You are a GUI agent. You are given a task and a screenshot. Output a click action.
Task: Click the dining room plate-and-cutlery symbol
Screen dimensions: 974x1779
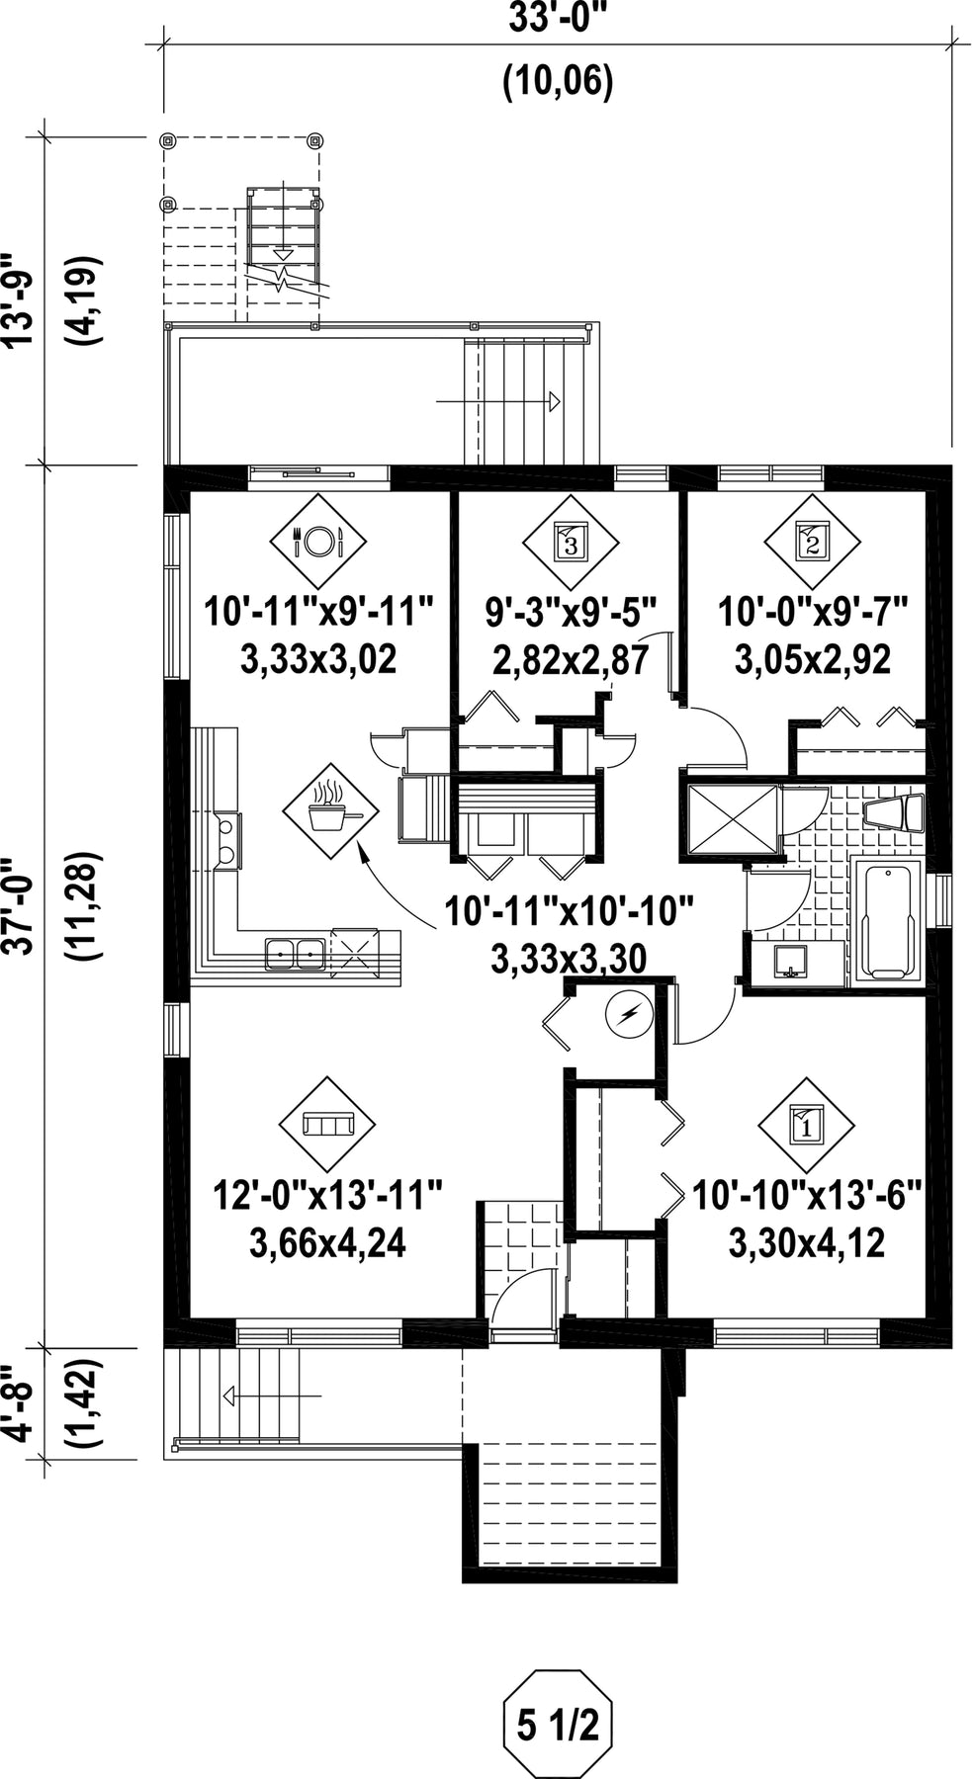(x=317, y=541)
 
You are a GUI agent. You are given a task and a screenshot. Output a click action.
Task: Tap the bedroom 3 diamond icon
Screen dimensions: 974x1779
(x=571, y=541)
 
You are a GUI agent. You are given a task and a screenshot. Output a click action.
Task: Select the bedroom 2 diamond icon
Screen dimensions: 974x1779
(x=812, y=541)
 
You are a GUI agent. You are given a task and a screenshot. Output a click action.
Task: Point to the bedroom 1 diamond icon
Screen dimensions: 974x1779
(x=806, y=1123)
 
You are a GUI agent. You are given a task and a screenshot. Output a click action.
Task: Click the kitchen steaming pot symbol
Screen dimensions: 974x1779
(x=330, y=811)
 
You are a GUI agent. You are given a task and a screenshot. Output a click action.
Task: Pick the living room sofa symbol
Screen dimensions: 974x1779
(x=327, y=1123)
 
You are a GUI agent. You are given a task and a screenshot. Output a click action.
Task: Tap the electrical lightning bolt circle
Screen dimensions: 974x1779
(x=628, y=1012)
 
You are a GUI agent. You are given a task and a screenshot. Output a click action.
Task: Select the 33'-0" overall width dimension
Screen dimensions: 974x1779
(x=557, y=19)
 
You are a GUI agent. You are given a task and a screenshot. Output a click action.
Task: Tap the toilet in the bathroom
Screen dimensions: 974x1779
(x=893, y=812)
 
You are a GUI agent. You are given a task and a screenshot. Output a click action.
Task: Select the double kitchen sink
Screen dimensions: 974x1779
(x=296, y=954)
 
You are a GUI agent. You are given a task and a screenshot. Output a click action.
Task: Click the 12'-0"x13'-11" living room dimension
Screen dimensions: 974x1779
(x=327, y=1196)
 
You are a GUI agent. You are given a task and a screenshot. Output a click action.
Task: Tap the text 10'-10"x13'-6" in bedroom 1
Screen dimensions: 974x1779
(x=806, y=1196)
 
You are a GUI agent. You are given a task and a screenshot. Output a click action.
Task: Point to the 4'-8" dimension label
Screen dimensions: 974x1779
(x=20, y=1401)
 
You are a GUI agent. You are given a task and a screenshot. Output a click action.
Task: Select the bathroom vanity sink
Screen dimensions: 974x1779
(x=791, y=961)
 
